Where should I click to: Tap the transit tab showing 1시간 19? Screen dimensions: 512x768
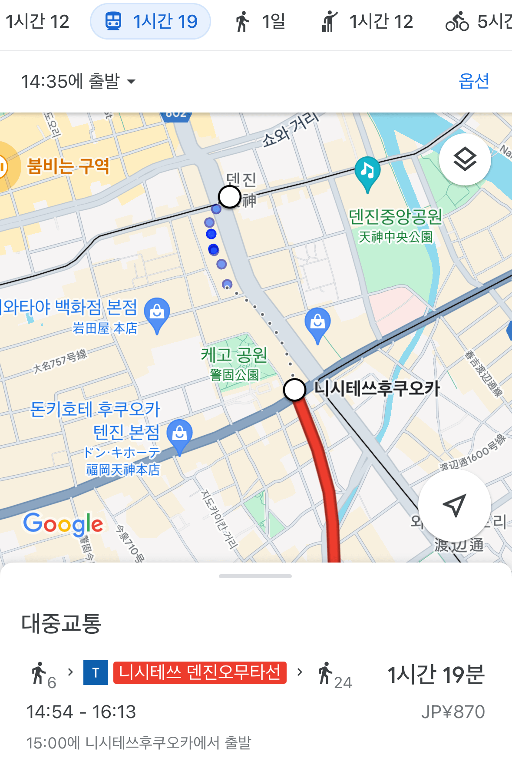(150, 21)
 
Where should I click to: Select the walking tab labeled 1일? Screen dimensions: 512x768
(260, 21)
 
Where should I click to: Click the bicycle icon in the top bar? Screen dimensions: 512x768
(457, 21)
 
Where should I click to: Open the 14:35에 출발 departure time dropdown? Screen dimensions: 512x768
(78, 81)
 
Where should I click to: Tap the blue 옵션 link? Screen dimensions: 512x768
(474, 81)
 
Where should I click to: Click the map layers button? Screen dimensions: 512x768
(465, 159)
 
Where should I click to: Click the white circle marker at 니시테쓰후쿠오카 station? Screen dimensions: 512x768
(294, 389)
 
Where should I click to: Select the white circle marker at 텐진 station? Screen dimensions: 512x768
(229, 197)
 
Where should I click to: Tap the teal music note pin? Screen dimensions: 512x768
(367, 172)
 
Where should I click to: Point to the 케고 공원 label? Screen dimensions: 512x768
(234, 355)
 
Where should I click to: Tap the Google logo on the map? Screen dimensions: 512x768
(63, 524)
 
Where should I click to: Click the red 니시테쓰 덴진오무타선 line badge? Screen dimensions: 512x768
(200, 672)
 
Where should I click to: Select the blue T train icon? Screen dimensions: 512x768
(96, 672)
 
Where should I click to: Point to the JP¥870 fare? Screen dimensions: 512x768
(453, 712)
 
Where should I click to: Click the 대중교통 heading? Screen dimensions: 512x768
(61, 623)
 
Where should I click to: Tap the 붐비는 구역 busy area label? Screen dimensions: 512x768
(68, 166)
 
